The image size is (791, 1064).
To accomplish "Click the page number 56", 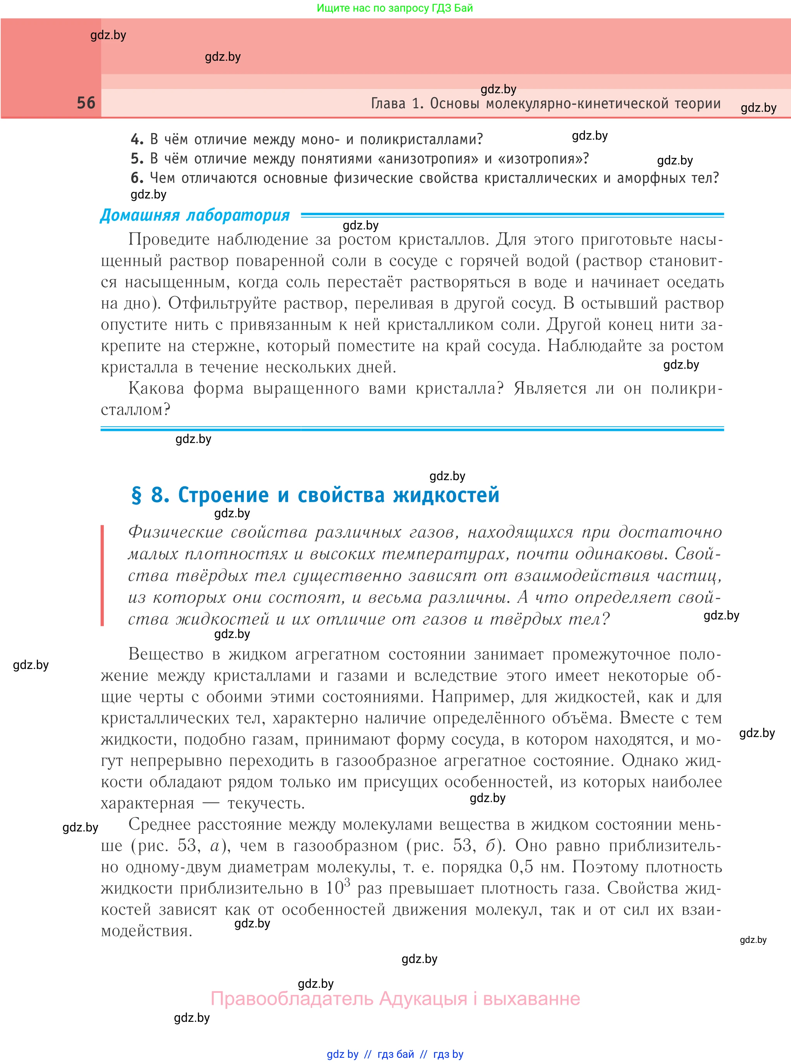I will (86, 103).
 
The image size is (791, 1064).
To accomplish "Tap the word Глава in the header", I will (388, 103).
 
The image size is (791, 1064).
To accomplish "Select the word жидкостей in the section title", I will (446, 495).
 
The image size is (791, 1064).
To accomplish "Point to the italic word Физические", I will (175, 532).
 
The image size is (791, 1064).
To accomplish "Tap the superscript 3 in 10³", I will (347, 881).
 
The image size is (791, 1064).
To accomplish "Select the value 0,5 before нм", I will (521, 867).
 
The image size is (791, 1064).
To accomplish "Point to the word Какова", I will (156, 388).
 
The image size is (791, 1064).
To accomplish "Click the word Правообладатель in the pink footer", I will (292, 999).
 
